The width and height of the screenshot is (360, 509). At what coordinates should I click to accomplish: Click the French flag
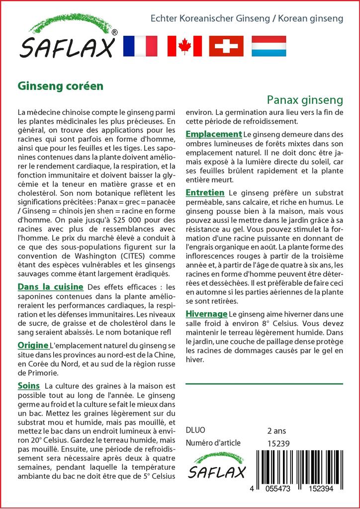pyautogui.click(x=140, y=46)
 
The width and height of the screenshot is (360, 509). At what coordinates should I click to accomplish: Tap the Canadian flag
pyautogui.click(x=184, y=46)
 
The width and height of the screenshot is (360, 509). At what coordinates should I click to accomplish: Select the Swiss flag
pyautogui.click(x=226, y=46)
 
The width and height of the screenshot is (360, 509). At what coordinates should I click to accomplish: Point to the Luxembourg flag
pyautogui.click(x=269, y=46)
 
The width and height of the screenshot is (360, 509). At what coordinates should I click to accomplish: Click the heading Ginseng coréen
pyautogui.click(x=60, y=85)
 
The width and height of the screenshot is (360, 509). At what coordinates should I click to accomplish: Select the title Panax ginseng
pyautogui.click(x=304, y=100)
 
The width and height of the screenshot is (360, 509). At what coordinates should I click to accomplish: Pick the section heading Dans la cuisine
pyautogui.click(x=50, y=287)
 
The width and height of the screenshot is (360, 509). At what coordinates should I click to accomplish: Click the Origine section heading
pyautogui.click(x=33, y=345)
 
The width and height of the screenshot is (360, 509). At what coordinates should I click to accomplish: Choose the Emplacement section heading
pyautogui.click(x=213, y=134)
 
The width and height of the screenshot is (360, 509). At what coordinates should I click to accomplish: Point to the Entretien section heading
pyautogui.click(x=205, y=192)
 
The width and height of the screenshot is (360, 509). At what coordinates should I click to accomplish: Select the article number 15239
pyautogui.click(x=278, y=443)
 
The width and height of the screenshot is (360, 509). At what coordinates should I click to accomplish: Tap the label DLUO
pyautogui.click(x=195, y=430)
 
